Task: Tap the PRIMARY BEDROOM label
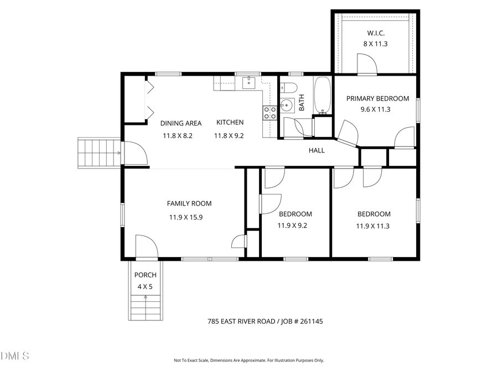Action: (377, 98)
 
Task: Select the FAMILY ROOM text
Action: (189, 203)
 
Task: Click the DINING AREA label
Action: (181, 123)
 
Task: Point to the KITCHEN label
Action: (230, 123)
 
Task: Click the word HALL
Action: (317, 150)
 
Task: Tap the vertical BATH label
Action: (302, 103)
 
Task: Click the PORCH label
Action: (146, 275)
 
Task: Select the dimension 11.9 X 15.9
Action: (186, 217)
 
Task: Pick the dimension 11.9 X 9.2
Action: (292, 225)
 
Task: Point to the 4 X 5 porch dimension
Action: (145, 287)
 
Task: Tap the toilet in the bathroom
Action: (288, 88)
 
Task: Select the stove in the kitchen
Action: (270, 113)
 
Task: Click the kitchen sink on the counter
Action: (248, 83)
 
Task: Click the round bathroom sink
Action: (287, 104)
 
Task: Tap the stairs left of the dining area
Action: (98, 153)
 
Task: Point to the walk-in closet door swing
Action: (367, 64)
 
